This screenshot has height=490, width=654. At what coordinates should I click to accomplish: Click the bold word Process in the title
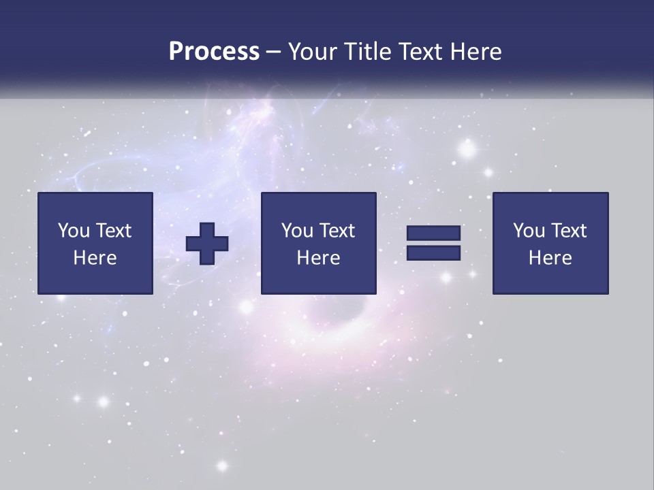pos(214,52)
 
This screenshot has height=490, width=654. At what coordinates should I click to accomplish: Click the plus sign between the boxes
pos(207,244)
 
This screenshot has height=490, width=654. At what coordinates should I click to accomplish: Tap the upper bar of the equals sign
pos(433,233)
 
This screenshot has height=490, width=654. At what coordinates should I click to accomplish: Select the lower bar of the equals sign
pos(433,253)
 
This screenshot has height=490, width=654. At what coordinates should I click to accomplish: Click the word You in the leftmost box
pos(74,231)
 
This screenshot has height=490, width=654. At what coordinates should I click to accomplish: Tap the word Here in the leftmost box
pos(95,258)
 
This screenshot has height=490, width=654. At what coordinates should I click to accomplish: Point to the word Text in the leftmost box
pos(113,231)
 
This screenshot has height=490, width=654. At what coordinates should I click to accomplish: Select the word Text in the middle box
pos(337,231)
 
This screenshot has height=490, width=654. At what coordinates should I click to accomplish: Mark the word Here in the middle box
pos(318,258)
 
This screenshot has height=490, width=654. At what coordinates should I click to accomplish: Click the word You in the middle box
pos(297,231)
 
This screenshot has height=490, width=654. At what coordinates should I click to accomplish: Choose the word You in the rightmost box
pos(529,231)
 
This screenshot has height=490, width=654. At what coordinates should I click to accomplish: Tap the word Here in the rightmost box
pos(550,258)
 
